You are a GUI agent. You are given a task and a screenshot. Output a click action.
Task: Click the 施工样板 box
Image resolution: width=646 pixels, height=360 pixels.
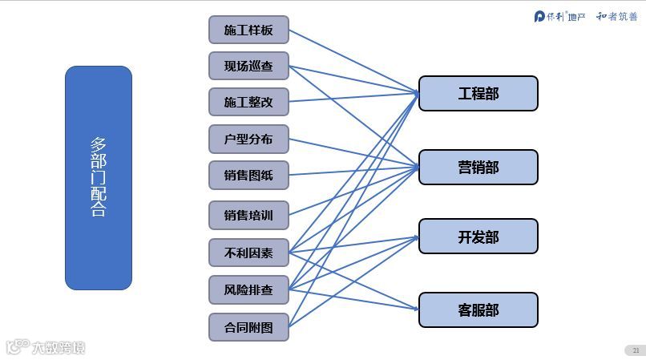[x=248, y=30]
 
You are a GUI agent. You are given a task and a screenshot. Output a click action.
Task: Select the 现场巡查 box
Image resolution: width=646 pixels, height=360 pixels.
[x=248, y=66]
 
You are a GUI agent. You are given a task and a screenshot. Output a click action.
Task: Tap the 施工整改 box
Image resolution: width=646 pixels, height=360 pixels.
[x=248, y=102]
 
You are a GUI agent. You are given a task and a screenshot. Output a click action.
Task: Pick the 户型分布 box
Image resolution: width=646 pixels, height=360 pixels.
[x=248, y=139]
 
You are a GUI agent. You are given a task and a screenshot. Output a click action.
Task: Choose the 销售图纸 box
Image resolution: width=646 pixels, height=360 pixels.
[x=248, y=175]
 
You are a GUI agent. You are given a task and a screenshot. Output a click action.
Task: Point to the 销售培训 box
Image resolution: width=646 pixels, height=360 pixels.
[x=248, y=215]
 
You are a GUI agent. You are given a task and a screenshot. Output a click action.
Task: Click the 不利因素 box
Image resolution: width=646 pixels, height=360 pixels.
[x=248, y=253]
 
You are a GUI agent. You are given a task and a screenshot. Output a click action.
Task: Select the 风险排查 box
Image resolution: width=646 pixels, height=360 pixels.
[x=248, y=289]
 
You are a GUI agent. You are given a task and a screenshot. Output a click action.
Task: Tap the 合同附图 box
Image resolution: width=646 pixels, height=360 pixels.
[x=248, y=326]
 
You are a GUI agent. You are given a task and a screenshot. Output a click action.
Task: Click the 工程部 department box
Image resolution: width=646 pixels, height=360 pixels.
[x=478, y=93]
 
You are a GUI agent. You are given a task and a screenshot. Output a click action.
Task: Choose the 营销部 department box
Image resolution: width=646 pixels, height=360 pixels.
[x=478, y=167]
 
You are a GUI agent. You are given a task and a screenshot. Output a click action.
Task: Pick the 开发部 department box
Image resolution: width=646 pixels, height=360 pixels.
[x=478, y=237]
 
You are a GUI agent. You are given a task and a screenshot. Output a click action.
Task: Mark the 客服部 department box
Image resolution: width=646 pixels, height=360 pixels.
[x=478, y=309]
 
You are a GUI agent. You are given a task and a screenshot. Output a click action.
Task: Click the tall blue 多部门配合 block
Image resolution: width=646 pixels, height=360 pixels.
[x=99, y=177]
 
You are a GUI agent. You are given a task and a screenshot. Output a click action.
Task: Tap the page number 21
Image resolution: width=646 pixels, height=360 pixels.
[x=635, y=350]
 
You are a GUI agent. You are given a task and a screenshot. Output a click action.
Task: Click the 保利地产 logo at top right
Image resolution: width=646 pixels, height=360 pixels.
[x=560, y=16]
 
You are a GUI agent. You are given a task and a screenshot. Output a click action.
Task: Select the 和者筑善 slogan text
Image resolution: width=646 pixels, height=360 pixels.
[x=617, y=16]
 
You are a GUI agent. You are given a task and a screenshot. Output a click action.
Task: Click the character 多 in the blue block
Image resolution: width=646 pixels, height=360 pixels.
[x=99, y=145]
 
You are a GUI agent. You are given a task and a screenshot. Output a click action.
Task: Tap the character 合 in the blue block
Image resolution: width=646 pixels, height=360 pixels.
[x=99, y=210]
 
